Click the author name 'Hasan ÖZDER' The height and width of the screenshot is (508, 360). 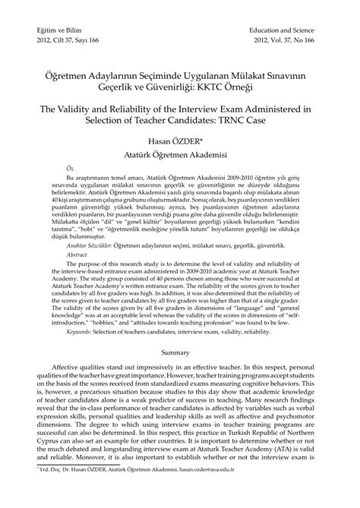[179, 140]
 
